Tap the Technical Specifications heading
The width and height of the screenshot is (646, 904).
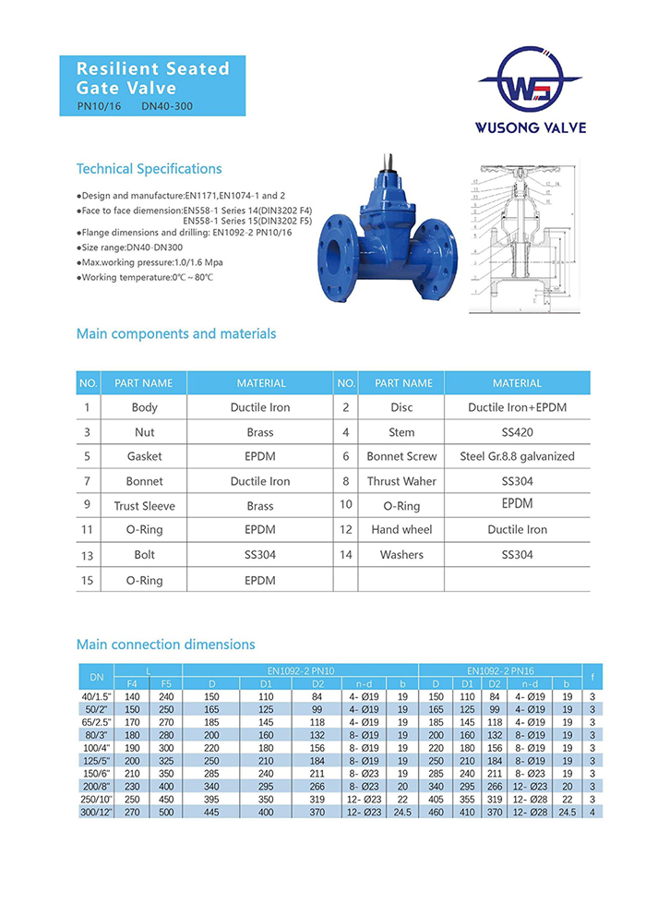149,169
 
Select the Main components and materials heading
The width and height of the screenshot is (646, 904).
175,333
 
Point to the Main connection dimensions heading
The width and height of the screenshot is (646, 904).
165,645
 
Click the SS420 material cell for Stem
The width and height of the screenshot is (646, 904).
517,432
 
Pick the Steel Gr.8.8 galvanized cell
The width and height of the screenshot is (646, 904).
517,456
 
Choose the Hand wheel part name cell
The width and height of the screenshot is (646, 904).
401,530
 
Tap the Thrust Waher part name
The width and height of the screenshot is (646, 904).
401,481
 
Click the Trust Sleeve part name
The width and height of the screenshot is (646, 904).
144,506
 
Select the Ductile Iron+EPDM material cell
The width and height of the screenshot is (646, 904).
517,407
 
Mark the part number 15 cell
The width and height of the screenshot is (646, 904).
87,580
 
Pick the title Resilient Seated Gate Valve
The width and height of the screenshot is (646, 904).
152,78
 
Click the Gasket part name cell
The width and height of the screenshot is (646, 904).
144,456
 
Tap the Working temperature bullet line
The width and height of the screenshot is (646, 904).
145,277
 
